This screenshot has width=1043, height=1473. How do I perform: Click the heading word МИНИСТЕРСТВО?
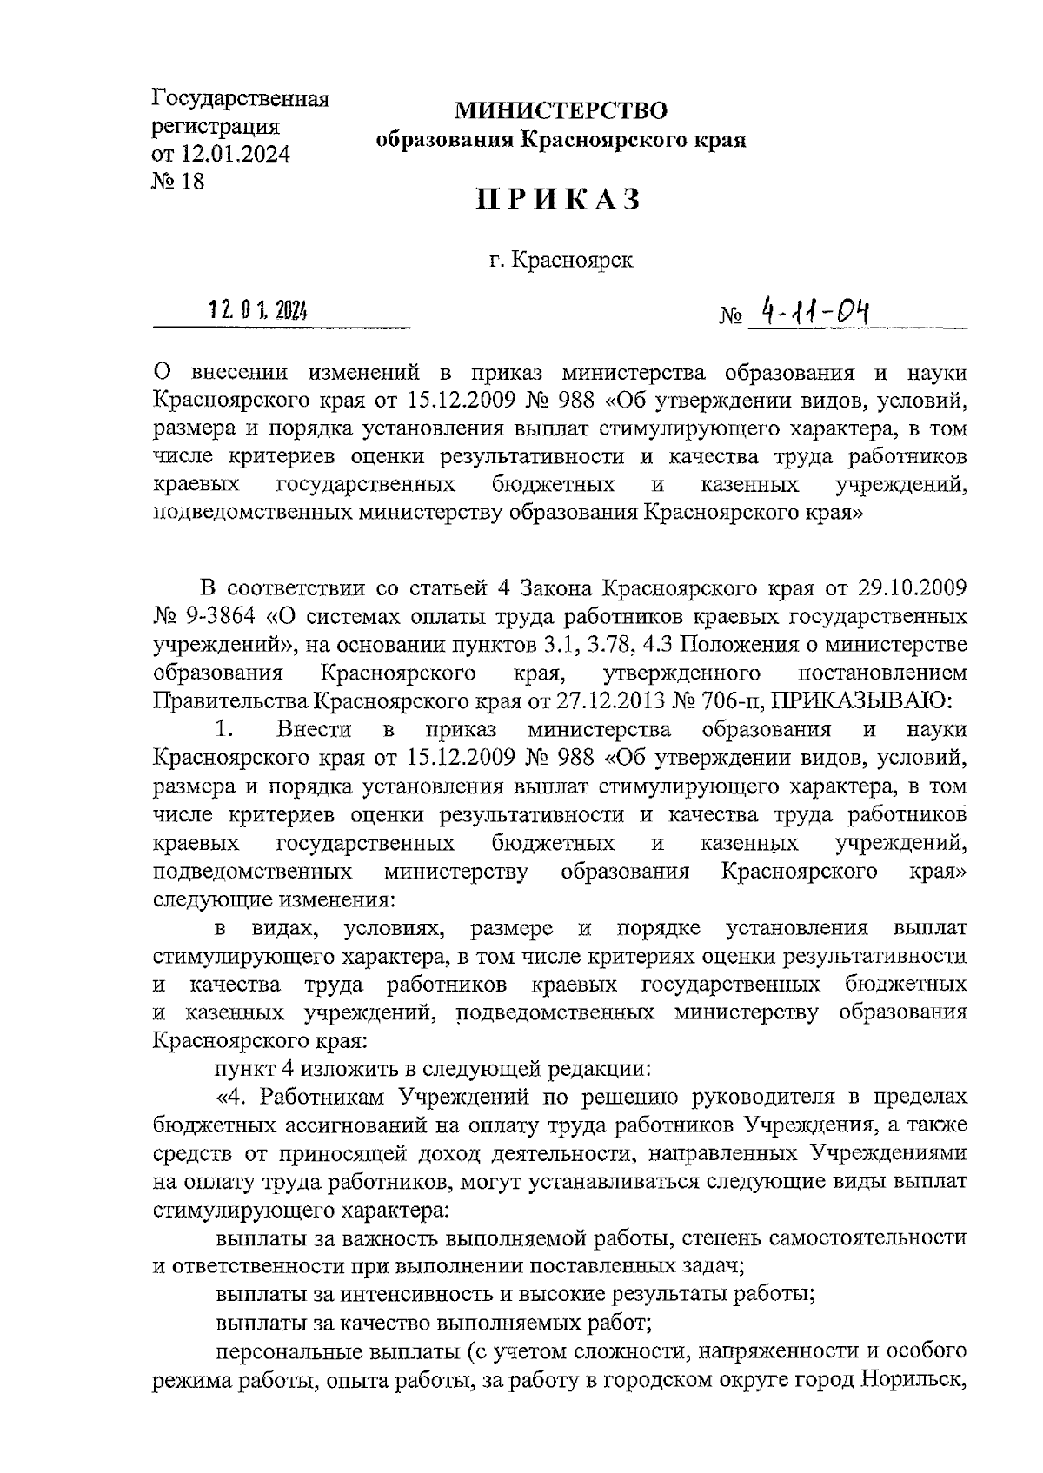point(561,110)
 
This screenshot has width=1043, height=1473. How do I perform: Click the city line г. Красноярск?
point(560,260)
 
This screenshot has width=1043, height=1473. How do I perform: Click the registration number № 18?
point(178,182)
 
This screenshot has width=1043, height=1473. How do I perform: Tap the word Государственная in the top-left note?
point(241,97)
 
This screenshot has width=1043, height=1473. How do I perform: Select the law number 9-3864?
point(217,617)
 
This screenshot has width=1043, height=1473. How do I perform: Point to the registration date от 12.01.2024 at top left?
point(221,154)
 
